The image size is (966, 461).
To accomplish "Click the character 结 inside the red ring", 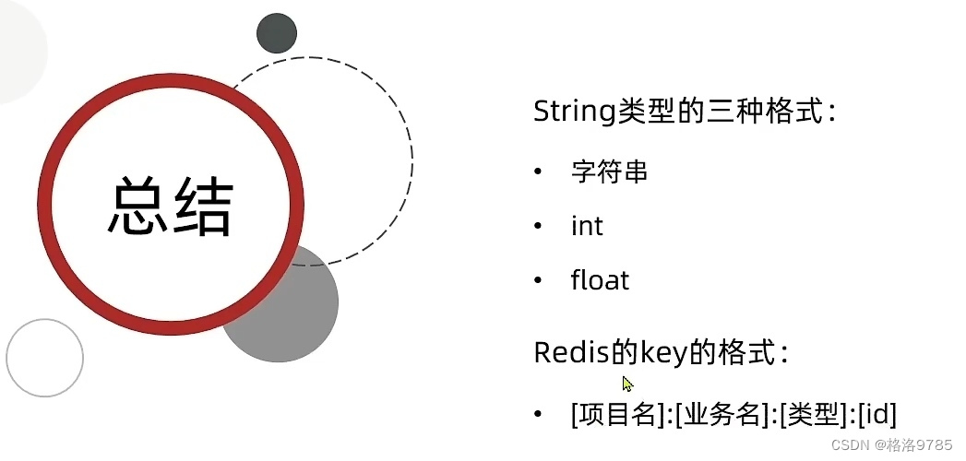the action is click(x=202, y=206).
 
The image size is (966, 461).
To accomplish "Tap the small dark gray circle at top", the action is click(x=277, y=33).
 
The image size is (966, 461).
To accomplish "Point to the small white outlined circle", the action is click(x=44, y=358).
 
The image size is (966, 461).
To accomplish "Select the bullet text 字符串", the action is click(x=609, y=172).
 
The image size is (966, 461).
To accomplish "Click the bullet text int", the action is click(x=587, y=226).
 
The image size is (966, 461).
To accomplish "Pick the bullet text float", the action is click(x=600, y=280).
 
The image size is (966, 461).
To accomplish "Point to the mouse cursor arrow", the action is click(x=627, y=383).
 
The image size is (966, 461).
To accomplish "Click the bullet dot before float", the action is click(x=538, y=280).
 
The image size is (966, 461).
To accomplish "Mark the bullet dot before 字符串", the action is click(x=538, y=172).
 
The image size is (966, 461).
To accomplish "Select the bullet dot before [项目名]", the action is click(x=538, y=414).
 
